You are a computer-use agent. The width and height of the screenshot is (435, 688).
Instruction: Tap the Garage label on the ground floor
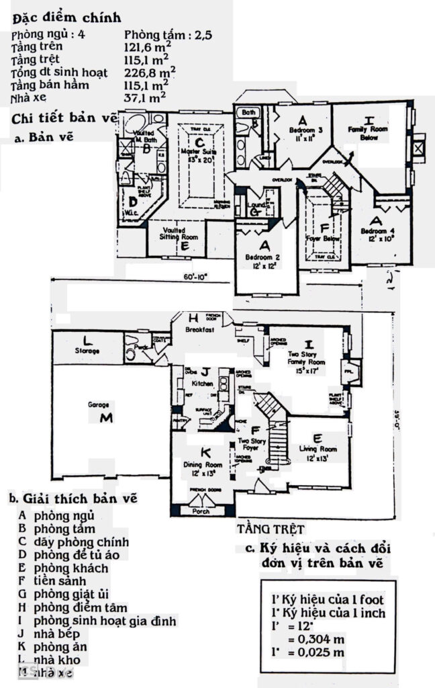(98, 405)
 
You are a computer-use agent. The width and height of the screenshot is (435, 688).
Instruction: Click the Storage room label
(87, 351)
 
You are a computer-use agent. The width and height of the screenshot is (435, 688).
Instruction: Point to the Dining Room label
(202, 464)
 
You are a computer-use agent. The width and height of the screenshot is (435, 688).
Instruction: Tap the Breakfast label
(201, 331)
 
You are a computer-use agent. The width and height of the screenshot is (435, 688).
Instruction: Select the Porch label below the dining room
(201, 511)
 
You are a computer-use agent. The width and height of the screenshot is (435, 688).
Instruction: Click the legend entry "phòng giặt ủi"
(73, 595)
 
